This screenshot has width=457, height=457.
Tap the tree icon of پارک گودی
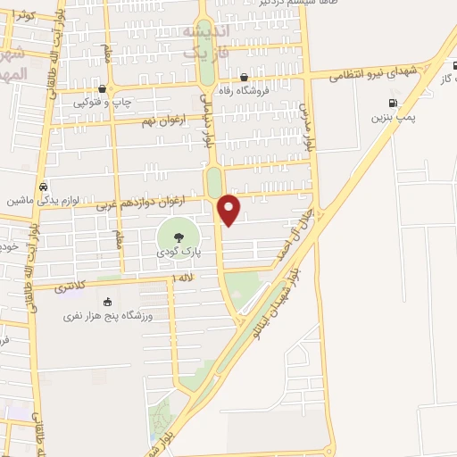[179, 237]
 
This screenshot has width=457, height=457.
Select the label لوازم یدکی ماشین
[33, 200]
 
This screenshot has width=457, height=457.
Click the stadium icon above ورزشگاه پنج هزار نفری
[109, 302]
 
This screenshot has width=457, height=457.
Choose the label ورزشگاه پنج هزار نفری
[108, 316]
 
